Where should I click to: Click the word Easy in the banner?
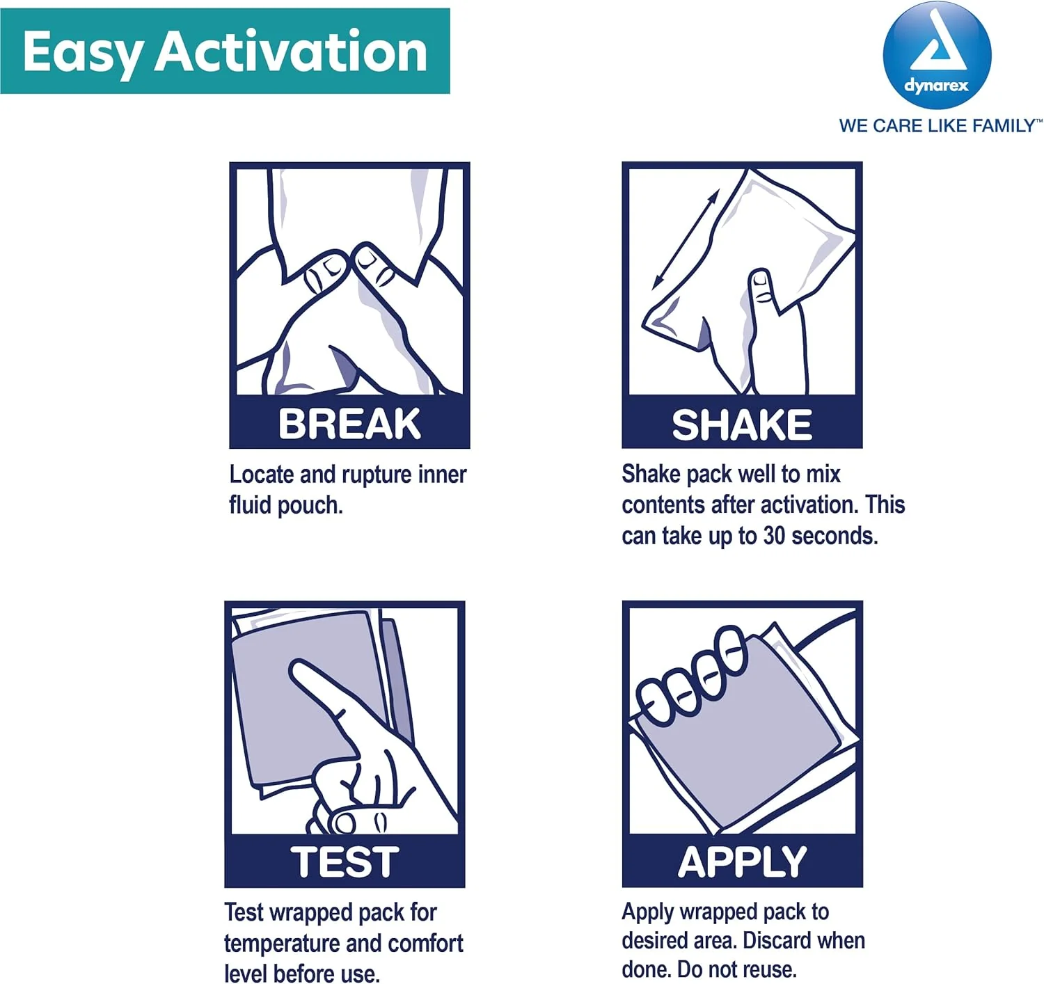(x=82, y=53)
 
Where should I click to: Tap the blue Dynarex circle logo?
(x=936, y=56)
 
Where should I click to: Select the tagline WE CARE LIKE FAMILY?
(x=940, y=126)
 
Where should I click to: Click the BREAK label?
(x=349, y=424)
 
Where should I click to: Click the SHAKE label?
(x=742, y=424)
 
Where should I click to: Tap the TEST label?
(x=345, y=862)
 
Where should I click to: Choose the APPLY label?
(x=742, y=862)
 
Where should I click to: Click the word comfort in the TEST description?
(x=425, y=943)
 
